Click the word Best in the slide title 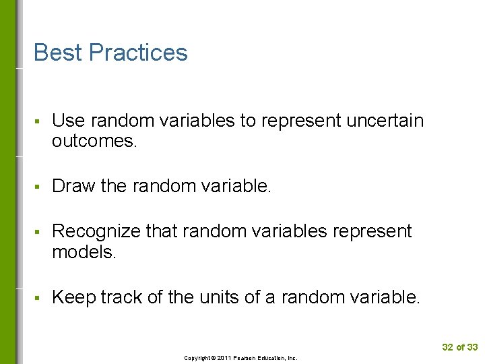58,53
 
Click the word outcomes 94,141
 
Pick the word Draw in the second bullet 73,186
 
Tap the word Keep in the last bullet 73,297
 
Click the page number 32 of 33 459,347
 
